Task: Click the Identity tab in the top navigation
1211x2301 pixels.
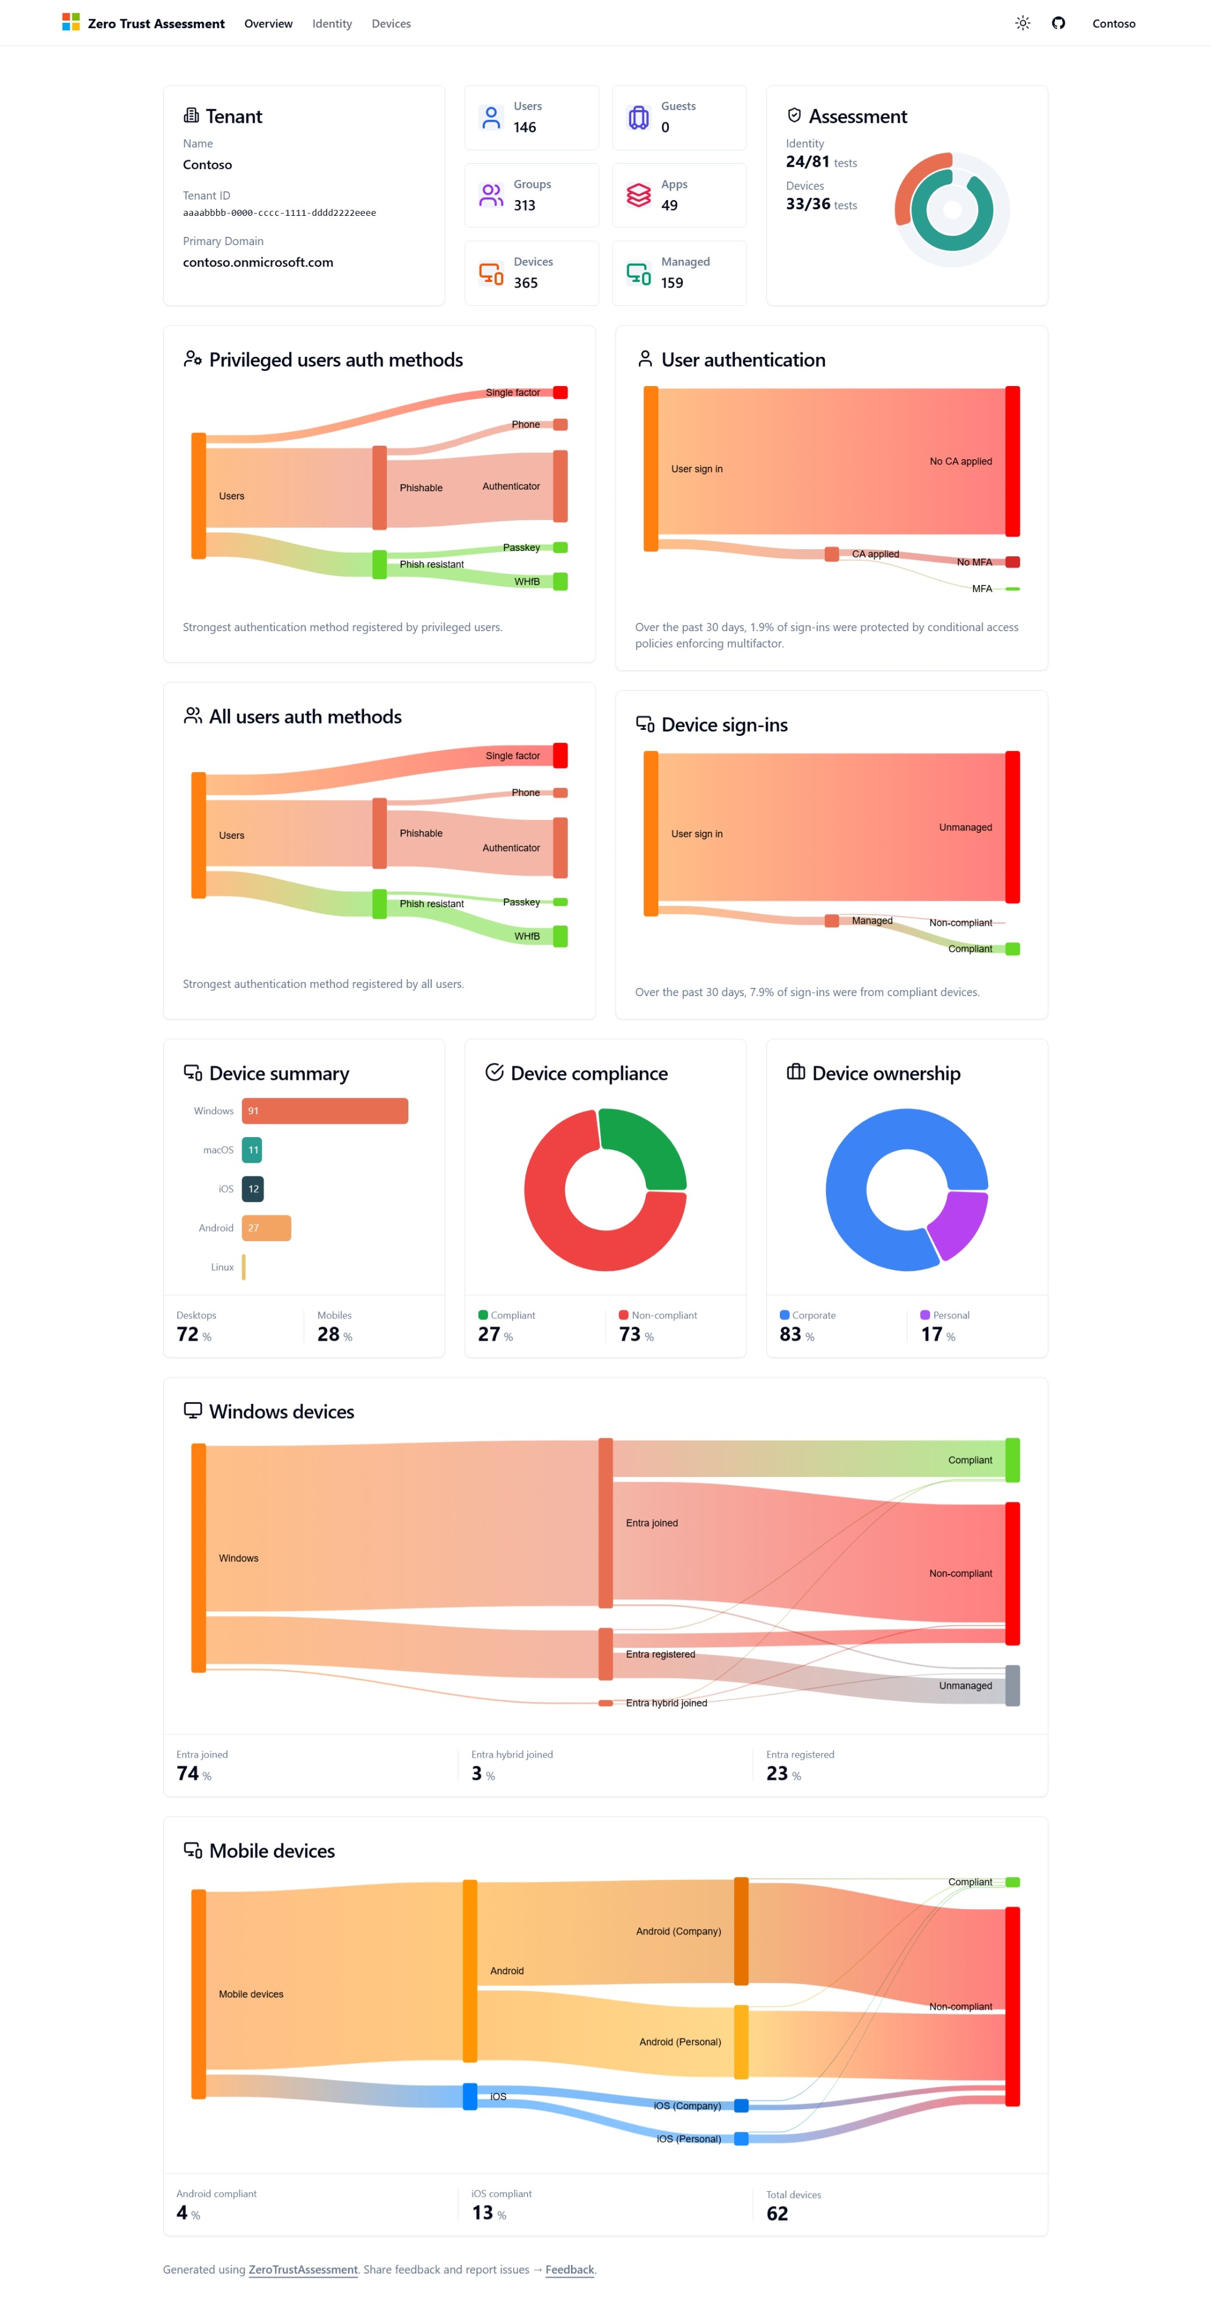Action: (332, 24)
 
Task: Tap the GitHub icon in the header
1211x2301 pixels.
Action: (1058, 23)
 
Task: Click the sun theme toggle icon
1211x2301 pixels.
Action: (1023, 23)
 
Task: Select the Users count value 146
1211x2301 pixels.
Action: (525, 128)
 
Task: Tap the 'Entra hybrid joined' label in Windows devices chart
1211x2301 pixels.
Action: (666, 1703)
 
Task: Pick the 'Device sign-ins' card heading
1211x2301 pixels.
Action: (724, 725)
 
